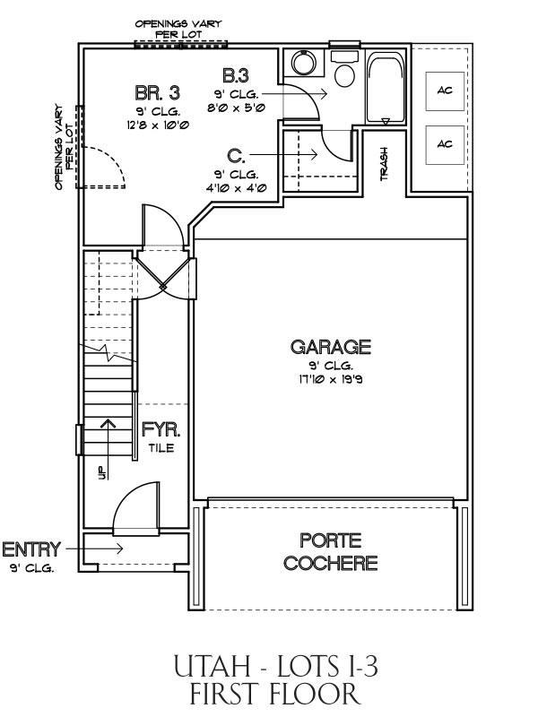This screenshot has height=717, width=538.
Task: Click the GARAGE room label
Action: tap(330, 347)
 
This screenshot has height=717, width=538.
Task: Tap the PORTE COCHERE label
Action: tap(330, 551)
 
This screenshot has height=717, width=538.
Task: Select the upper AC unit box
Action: tap(445, 91)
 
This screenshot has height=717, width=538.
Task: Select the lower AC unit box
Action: tap(445, 144)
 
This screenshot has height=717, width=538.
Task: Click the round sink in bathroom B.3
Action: tap(302, 63)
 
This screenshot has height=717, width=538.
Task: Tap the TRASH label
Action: tap(385, 164)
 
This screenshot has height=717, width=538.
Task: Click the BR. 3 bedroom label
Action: tap(158, 93)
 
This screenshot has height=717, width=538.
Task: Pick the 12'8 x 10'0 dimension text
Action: tap(159, 125)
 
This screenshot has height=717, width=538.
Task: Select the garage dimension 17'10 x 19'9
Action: tap(330, 379)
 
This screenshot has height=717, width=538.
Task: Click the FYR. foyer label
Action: tap(161, 430)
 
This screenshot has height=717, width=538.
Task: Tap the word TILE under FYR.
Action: tap(161, 447)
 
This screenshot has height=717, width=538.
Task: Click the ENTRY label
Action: tap(31, 549)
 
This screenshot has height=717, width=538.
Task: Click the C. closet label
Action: tap(236, 156)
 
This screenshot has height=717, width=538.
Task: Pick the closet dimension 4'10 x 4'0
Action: tap(236, 188)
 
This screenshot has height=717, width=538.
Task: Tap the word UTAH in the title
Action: tap(212, 666)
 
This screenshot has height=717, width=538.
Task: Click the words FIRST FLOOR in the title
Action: tap(275, 694)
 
